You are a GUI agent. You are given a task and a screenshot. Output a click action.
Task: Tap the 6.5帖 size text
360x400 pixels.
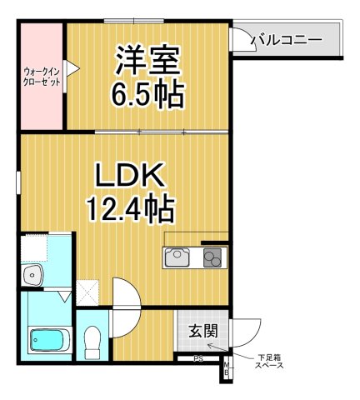coord(149,93)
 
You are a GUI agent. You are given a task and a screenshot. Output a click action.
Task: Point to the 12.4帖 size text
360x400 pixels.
coord(130,207)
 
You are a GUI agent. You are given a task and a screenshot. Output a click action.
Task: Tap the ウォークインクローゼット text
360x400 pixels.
coord(39,77)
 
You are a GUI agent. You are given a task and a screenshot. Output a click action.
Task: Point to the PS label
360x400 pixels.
coord(198,359)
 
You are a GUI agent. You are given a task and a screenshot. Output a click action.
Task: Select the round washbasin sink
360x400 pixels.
coord(34,275)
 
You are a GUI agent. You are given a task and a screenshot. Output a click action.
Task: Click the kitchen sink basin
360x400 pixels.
coord(178,258)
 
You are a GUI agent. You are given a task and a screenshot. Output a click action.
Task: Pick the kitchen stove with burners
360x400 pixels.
coord(212,258)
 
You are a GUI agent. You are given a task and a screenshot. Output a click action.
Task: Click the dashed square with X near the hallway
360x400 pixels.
coord(87,292)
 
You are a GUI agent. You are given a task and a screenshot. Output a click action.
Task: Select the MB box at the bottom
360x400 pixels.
coord(225,369)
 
